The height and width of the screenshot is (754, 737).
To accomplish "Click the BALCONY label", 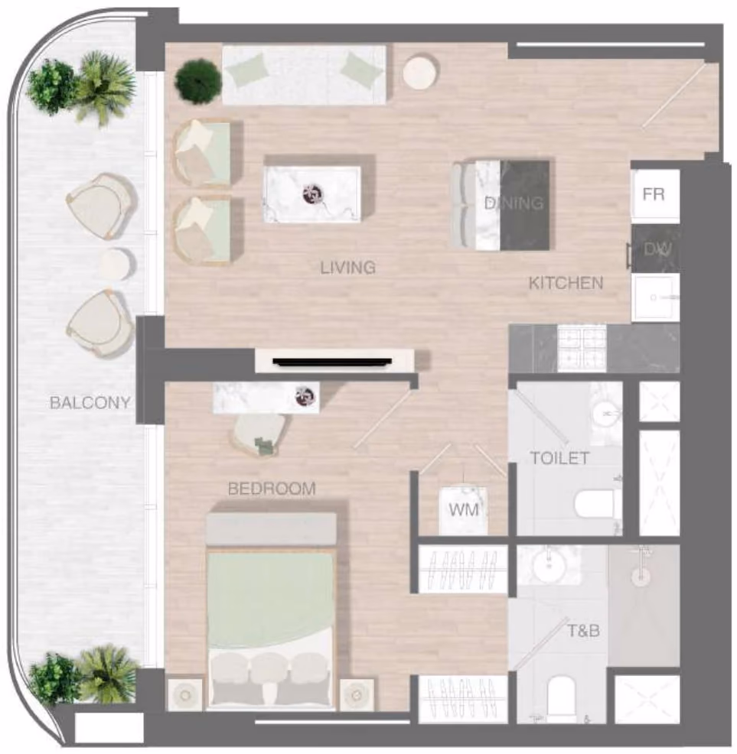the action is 90,402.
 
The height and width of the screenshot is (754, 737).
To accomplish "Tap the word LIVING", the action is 348,268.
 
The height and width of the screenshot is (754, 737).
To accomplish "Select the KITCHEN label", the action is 566,283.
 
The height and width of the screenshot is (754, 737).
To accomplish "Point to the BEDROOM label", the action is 272,489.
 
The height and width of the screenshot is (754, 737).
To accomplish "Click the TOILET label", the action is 560,458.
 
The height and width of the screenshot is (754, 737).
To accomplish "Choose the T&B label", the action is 583,630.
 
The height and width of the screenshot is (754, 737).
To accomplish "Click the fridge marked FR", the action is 655,195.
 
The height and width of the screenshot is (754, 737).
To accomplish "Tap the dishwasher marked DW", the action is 656,249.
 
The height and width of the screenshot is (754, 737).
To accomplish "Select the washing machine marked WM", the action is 463,511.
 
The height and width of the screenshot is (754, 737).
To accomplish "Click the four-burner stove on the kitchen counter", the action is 582,348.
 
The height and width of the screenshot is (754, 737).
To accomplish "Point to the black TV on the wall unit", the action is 332,362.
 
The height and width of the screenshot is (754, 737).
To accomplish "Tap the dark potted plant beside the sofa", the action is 198,81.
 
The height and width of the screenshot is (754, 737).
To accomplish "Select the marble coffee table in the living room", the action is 312,194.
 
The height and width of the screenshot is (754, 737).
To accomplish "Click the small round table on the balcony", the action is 116,264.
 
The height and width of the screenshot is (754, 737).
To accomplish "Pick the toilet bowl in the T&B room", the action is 562,696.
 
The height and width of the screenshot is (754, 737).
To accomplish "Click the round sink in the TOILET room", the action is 606,413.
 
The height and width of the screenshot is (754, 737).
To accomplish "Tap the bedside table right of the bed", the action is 357,695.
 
